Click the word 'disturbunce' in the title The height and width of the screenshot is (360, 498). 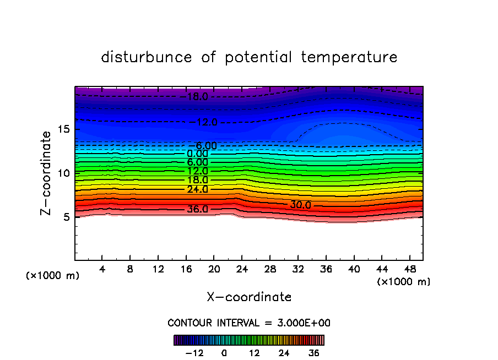point(147,57)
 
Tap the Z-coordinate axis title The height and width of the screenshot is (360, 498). point(48,173)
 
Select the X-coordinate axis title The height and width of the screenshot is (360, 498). point(249,297)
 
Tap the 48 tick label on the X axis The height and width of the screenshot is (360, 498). point(409,270)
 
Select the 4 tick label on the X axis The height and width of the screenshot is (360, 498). point(102,270)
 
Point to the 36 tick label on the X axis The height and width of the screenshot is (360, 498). point(326,270)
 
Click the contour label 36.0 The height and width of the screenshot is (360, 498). point(197,210)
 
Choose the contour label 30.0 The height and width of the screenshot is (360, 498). point(300,205)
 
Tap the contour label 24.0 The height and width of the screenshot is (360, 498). point(197,189)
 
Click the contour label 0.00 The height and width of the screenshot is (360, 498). point(197,154)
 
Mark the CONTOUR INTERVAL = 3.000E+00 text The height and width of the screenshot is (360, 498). point(249,323)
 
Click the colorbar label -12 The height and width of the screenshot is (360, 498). point(194,353)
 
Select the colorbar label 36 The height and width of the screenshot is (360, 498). point(314,353)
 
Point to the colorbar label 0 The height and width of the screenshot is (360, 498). point(224,353)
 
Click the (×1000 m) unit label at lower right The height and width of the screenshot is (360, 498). point(404,282)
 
